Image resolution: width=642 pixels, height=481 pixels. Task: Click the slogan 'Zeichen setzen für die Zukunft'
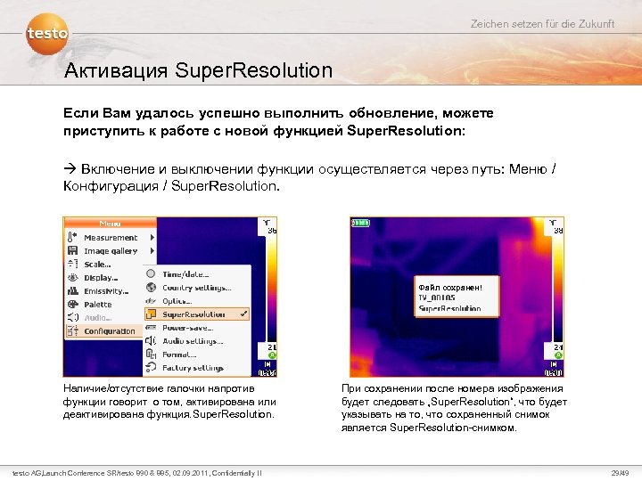(542, 23)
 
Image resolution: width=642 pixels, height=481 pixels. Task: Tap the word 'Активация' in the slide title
(115, 70)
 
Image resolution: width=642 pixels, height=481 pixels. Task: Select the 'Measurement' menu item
(111, 238)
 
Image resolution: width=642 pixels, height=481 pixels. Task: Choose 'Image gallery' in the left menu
(111, 251)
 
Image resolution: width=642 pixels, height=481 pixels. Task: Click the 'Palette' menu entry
(98, 304)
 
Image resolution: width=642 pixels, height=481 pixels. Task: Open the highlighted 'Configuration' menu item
(110, 330)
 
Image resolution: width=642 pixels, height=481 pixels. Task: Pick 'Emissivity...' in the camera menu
(106, 290)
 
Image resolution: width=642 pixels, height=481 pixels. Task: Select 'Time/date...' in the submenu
(185, 274)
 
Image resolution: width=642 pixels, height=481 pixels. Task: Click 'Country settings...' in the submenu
(196, 288)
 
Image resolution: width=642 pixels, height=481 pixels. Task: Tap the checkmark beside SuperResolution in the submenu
(244, 314)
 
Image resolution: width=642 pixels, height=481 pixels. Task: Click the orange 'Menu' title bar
(111, 223)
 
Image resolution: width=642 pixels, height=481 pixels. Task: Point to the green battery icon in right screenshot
(360, 223)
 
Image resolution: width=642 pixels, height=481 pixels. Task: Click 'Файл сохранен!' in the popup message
(449, 287)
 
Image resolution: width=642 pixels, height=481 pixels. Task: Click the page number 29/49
(618, 471)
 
